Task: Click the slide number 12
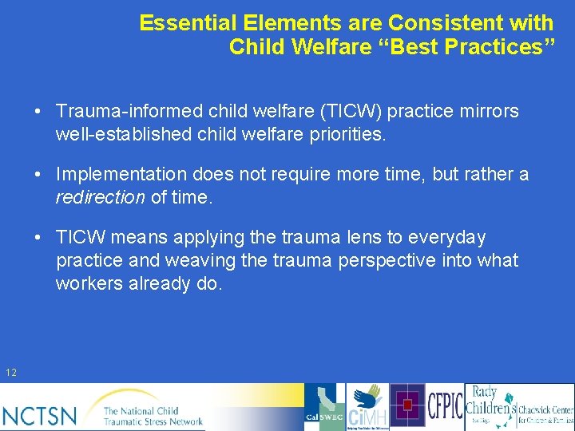click(x=11, y=373)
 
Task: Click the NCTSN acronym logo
click(x=40, y=414)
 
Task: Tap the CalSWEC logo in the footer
click(x=324, y=407)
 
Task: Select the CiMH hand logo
click(x=367, y=407)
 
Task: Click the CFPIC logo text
click(x=445, y=406)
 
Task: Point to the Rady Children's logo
click(x=488, y=406)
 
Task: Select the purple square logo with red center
click(x=408, y=406)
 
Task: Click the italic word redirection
click(x=100, y=197)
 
